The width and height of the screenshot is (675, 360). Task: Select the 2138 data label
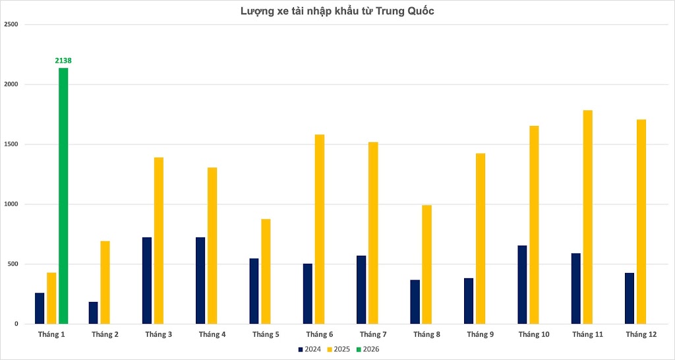click(63, 61)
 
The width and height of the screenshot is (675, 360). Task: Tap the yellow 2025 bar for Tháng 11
click(588, 217)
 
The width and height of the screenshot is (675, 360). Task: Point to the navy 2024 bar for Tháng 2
click(94, 313)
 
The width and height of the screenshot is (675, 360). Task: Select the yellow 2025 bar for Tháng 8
click(427, 264)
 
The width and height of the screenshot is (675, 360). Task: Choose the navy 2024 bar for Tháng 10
click(522, 284)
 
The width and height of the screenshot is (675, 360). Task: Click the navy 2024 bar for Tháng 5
click(254, 291)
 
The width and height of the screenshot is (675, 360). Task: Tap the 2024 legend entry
click(309, 349)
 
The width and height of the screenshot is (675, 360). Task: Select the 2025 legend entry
click(339, 349)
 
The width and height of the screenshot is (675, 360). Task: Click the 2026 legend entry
click(368, 349)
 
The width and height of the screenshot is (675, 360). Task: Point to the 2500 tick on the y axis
click(11, 24)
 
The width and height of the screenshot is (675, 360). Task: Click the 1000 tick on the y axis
click(11, 204)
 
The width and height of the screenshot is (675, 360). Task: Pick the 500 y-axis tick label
click(13, 264)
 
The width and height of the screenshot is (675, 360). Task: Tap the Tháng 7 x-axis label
click(373, 335)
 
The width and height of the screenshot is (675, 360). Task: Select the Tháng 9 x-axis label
click(481, 335)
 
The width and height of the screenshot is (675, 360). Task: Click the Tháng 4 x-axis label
click(212, 335)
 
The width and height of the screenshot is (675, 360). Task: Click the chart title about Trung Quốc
click(337, 11)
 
